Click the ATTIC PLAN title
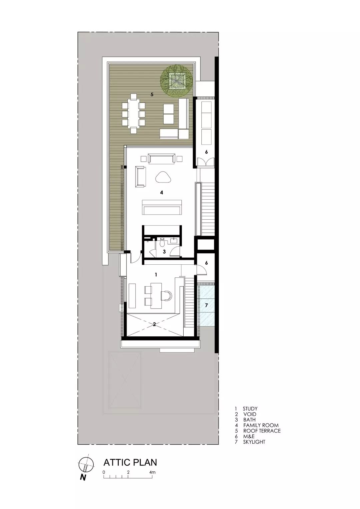[x=130, y=462]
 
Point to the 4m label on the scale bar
[x=152, y=472]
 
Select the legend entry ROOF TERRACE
[x=262, y=431]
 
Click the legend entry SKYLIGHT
[x=254, y=442]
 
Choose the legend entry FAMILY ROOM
[x=261, y=425]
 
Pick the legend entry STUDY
[x=250, y=409]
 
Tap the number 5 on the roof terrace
[x=152, y=95]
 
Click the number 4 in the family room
[x=161, y=192]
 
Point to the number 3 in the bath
[x=164, y=252]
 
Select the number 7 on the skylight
[x=206, y=305]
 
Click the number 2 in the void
[x=154, y=324]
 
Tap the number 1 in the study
[x=155, y=275]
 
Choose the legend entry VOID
[x=250, y=414]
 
